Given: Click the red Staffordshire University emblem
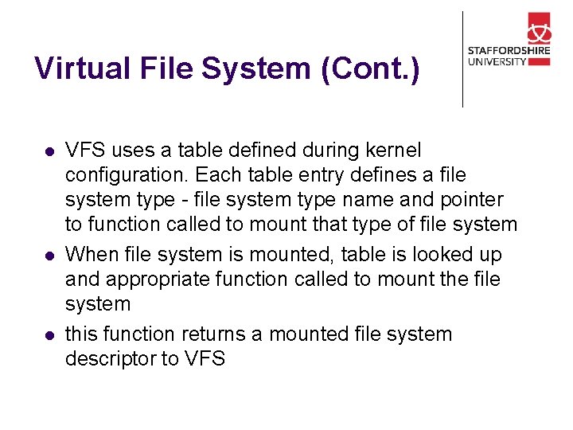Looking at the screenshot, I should tap(538, 29).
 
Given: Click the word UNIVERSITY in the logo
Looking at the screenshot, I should tap(497, 61).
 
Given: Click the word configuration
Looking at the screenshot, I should tap(126, 175).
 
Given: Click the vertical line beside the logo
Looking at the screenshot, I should tap(462, 59).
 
